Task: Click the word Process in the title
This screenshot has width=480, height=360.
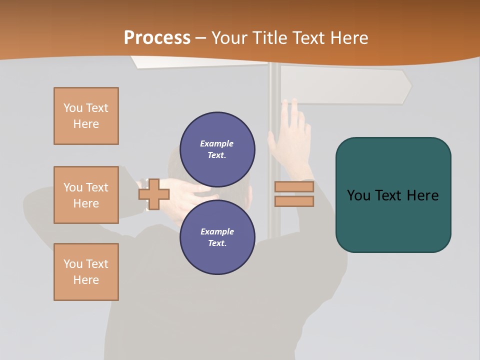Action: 157,38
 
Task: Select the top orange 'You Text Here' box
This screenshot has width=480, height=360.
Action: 86,116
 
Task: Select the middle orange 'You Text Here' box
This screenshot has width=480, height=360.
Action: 86,195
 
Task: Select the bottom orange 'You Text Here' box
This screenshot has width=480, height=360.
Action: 86,272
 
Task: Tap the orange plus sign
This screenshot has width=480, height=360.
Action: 154,194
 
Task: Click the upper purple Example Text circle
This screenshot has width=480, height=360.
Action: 217,149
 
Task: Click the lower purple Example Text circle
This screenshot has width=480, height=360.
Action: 217,237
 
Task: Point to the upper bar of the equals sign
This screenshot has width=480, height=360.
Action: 294,187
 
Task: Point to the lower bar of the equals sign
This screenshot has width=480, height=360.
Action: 294,201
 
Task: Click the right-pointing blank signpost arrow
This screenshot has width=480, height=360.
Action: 345,85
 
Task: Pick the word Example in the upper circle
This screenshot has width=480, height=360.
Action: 217,143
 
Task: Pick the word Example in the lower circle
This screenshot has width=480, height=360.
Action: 217,231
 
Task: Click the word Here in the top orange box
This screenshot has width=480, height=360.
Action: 86,124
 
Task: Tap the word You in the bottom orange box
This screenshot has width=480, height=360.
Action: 72,264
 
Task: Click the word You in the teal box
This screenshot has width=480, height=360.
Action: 358,195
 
